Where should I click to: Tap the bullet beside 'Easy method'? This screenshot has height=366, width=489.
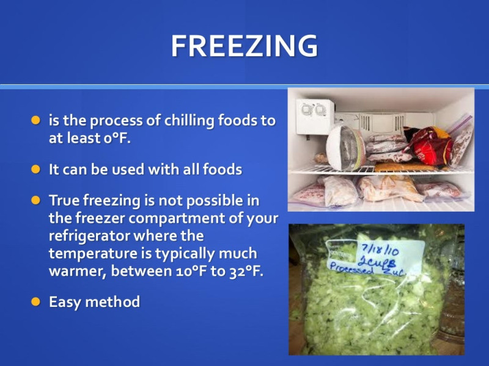36,301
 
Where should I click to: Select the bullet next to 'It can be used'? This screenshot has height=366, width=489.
36,170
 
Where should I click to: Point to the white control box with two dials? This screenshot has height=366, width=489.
315,116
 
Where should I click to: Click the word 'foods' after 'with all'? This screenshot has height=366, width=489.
222,170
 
